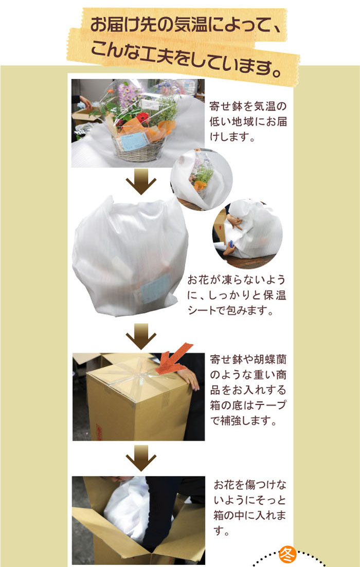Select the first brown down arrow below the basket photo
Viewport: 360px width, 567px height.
[141, 181]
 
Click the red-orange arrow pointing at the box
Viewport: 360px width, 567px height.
[174, 358]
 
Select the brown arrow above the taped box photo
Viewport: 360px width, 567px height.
[141, 336]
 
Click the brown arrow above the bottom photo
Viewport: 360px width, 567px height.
[141, 458]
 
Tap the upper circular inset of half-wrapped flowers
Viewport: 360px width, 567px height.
[201, 180]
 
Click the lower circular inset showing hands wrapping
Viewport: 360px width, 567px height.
[247, 234]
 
